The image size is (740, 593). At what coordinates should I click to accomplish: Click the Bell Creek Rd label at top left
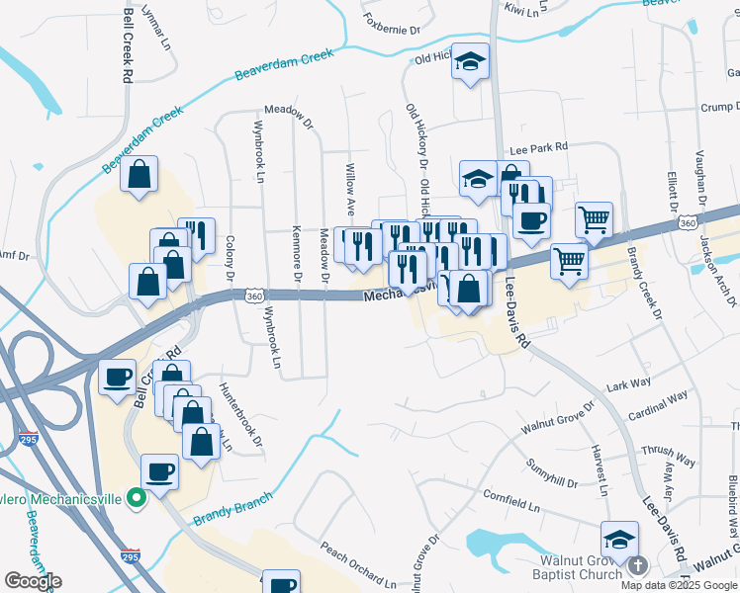click(x=128, y=46)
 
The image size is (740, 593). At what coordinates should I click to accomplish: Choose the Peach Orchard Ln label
click(x=358, y=563)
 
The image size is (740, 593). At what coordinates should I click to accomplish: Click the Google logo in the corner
click(x=33, y=581)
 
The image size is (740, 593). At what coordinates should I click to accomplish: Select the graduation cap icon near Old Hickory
click(x=471, y=62)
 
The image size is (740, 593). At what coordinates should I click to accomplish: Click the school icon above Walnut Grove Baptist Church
click(x=619, y=539)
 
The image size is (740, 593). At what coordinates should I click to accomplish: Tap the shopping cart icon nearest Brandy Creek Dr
click(x=594, y=219)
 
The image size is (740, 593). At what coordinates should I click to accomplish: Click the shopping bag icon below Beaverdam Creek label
click(x=140, y=173)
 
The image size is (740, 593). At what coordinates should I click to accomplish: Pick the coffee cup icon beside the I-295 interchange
click(x=118, y=377)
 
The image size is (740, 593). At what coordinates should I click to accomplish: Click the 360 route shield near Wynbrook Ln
click(x=255, y=296)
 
